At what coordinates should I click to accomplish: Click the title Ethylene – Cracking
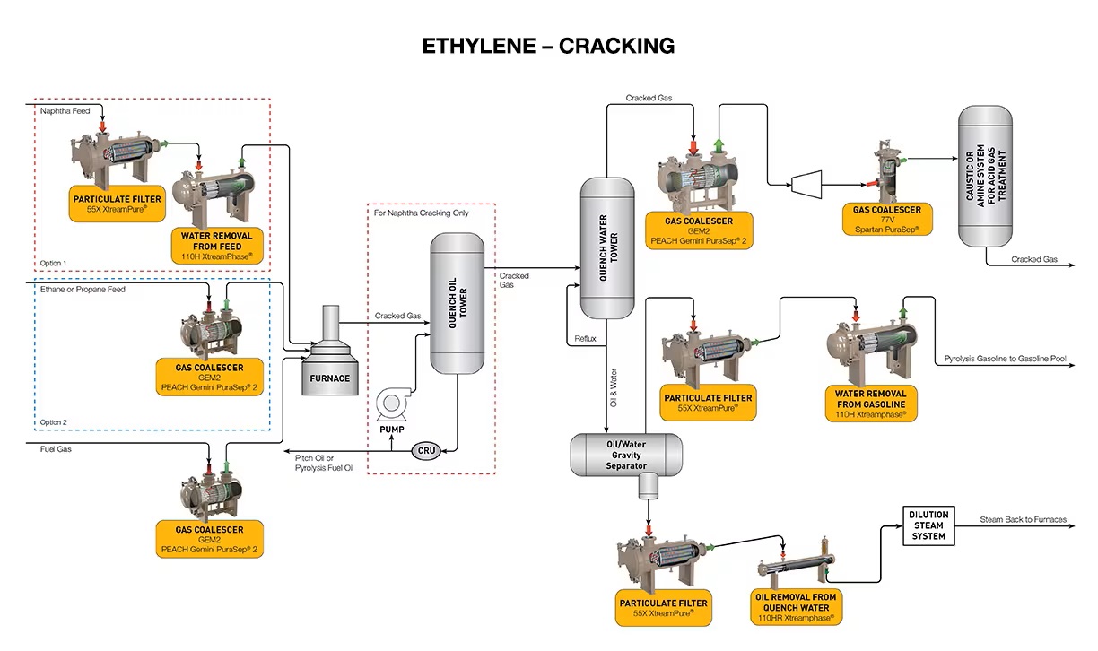(x=548, y=45)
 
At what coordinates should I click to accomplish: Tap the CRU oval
(x=426, y=450)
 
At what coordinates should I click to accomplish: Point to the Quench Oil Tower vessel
(x=457, y=303)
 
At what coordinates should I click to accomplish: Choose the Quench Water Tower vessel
(x=607, y=247)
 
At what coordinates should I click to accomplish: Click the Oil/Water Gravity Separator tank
(x=626, y=455)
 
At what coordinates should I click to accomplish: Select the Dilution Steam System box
(x=928, y=525)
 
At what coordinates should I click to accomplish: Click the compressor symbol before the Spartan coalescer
(x=803, y=184)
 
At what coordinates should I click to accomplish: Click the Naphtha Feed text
(x=65, y=111)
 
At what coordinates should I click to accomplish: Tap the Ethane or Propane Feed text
(x=83, y=290)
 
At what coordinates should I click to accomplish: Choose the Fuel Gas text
(x=57, y=448)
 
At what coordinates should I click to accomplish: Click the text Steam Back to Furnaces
(x=1023, y=519)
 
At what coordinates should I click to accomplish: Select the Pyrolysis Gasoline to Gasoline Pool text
(x=1005, y=359)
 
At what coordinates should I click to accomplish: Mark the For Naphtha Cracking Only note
(x=422, y=213)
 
